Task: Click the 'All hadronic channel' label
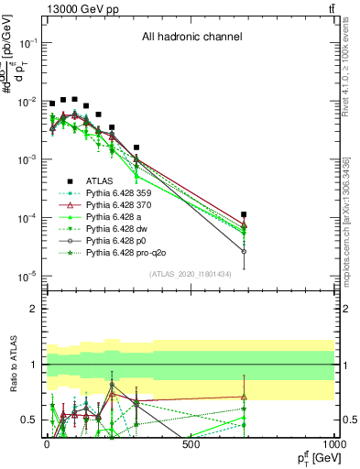(191, 38)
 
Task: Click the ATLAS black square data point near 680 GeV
(244, 214)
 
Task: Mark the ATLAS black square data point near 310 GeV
(136, 147)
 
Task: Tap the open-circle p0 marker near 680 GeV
(244, 251)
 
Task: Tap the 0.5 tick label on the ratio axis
(28, 420)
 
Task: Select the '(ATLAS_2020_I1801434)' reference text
(191, 274)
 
